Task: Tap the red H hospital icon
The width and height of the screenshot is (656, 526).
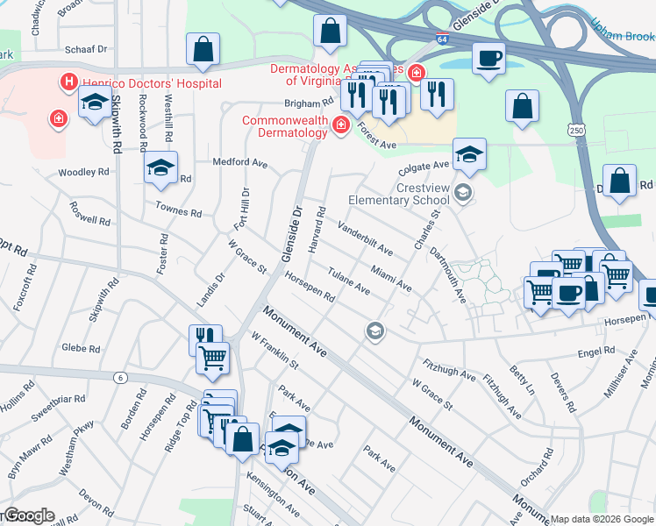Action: click(68, 82)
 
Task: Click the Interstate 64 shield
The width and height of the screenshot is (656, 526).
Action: click(443, 39)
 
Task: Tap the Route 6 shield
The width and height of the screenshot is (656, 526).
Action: click(120, 377)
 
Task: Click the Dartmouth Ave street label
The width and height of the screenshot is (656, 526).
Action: click(447, 275)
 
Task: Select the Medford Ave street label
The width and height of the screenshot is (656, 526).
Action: click(240, 162)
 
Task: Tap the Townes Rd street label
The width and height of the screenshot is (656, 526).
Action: click(179, 211)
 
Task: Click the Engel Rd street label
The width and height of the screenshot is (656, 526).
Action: click(596, 352)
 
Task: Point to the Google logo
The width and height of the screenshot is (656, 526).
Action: click(28, 515)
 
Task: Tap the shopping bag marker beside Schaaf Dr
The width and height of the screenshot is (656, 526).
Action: click(203, 51)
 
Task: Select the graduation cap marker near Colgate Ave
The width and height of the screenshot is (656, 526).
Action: click(469, 155)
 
